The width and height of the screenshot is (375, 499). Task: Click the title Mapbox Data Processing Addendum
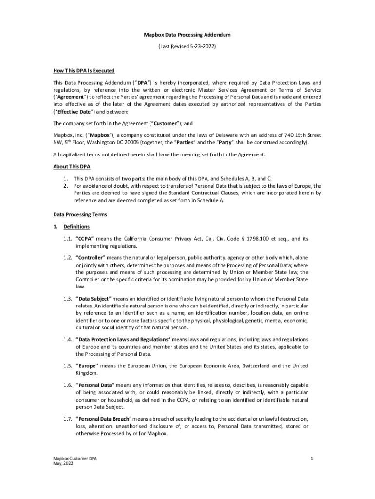pyautogui.click(x=187, y=35)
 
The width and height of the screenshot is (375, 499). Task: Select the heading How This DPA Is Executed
pyautogui.click(x=84, y=71)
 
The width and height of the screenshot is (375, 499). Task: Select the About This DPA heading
pyautogui.click(x=71, y=166)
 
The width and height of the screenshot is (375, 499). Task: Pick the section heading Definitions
pyautogui.click(x=76, y=227)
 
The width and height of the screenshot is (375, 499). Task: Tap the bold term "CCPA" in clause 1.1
pyautogui.click(x=85, y=239)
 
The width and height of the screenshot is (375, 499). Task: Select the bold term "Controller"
pyautogui.click(x=91, y=257)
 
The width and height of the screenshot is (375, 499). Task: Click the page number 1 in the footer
pyautogui.click(x=310, y=459)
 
